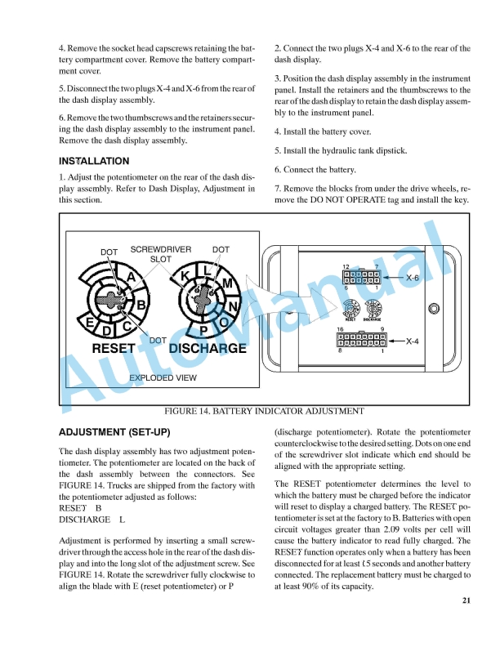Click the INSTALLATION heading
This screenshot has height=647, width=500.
click(x=94, y=161)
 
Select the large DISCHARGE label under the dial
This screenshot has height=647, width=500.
click(x=208, y=348)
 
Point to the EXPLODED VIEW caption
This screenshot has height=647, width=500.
click(x=163, y=377)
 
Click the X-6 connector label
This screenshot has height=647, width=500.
click(x=413, y=278)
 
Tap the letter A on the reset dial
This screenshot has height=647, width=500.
click(x=130, y=278)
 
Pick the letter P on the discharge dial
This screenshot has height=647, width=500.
click(x=204, y=330)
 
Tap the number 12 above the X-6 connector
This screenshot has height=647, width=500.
click(x=346, y=267)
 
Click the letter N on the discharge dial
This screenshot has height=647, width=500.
click(x=233, y=307)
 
